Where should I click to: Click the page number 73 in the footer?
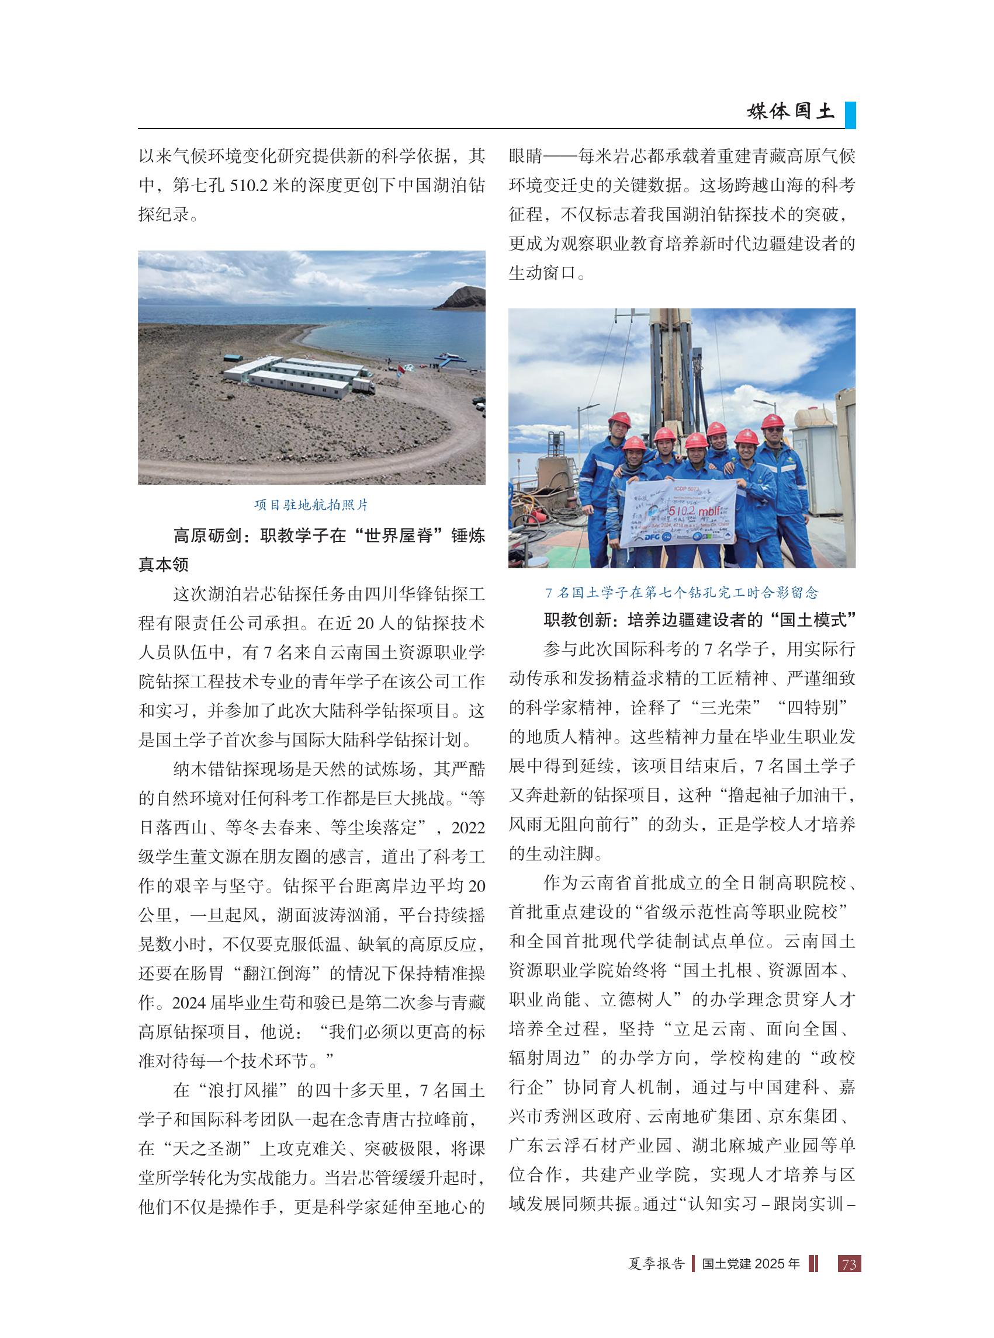point(848,1264)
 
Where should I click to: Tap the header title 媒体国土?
point(791,111)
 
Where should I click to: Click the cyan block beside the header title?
point(850,115)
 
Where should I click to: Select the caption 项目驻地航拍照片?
point(311,505)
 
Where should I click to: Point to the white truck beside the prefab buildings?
point(363,385)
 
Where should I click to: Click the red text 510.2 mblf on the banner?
point(694,511)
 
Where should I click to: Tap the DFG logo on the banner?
point(652,536)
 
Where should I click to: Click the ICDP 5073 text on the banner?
point(686,488)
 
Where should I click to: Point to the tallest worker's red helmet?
point(619,419)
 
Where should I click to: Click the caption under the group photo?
point(682,592)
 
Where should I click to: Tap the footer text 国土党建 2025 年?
point(750,1264)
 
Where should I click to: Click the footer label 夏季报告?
point(656,1264)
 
